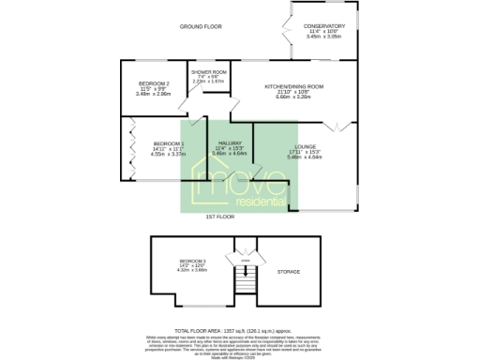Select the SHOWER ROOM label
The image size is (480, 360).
click(208, 72)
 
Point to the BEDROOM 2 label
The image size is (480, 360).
click(153, 83)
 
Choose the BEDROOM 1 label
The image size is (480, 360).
click(169, 142)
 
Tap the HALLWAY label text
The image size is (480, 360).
click(230, 142)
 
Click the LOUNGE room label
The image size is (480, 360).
click(306, 147)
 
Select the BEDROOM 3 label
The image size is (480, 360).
click(191, 260)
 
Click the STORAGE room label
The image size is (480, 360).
click(289, 272)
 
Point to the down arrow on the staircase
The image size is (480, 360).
click(246, 273)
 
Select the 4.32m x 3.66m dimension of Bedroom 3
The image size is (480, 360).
click(191, 271)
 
